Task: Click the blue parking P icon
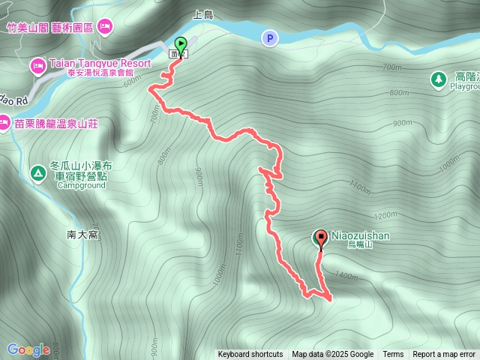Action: pos(268,37)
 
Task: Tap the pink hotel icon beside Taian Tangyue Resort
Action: pos(37,66)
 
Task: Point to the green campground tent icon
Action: pos(37,174)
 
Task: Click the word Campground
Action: pos(81,185)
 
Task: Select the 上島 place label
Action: pos(203,14)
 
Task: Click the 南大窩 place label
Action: pos(83,234)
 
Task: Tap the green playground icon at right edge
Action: pos(437,78)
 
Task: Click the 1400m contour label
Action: pos(347,277)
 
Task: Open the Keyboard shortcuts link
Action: pos(250,355)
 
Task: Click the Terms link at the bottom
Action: pos(393,355)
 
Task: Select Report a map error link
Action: pos(445,355)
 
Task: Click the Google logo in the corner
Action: pos(28,349)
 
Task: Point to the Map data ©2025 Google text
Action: pos(333,355)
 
